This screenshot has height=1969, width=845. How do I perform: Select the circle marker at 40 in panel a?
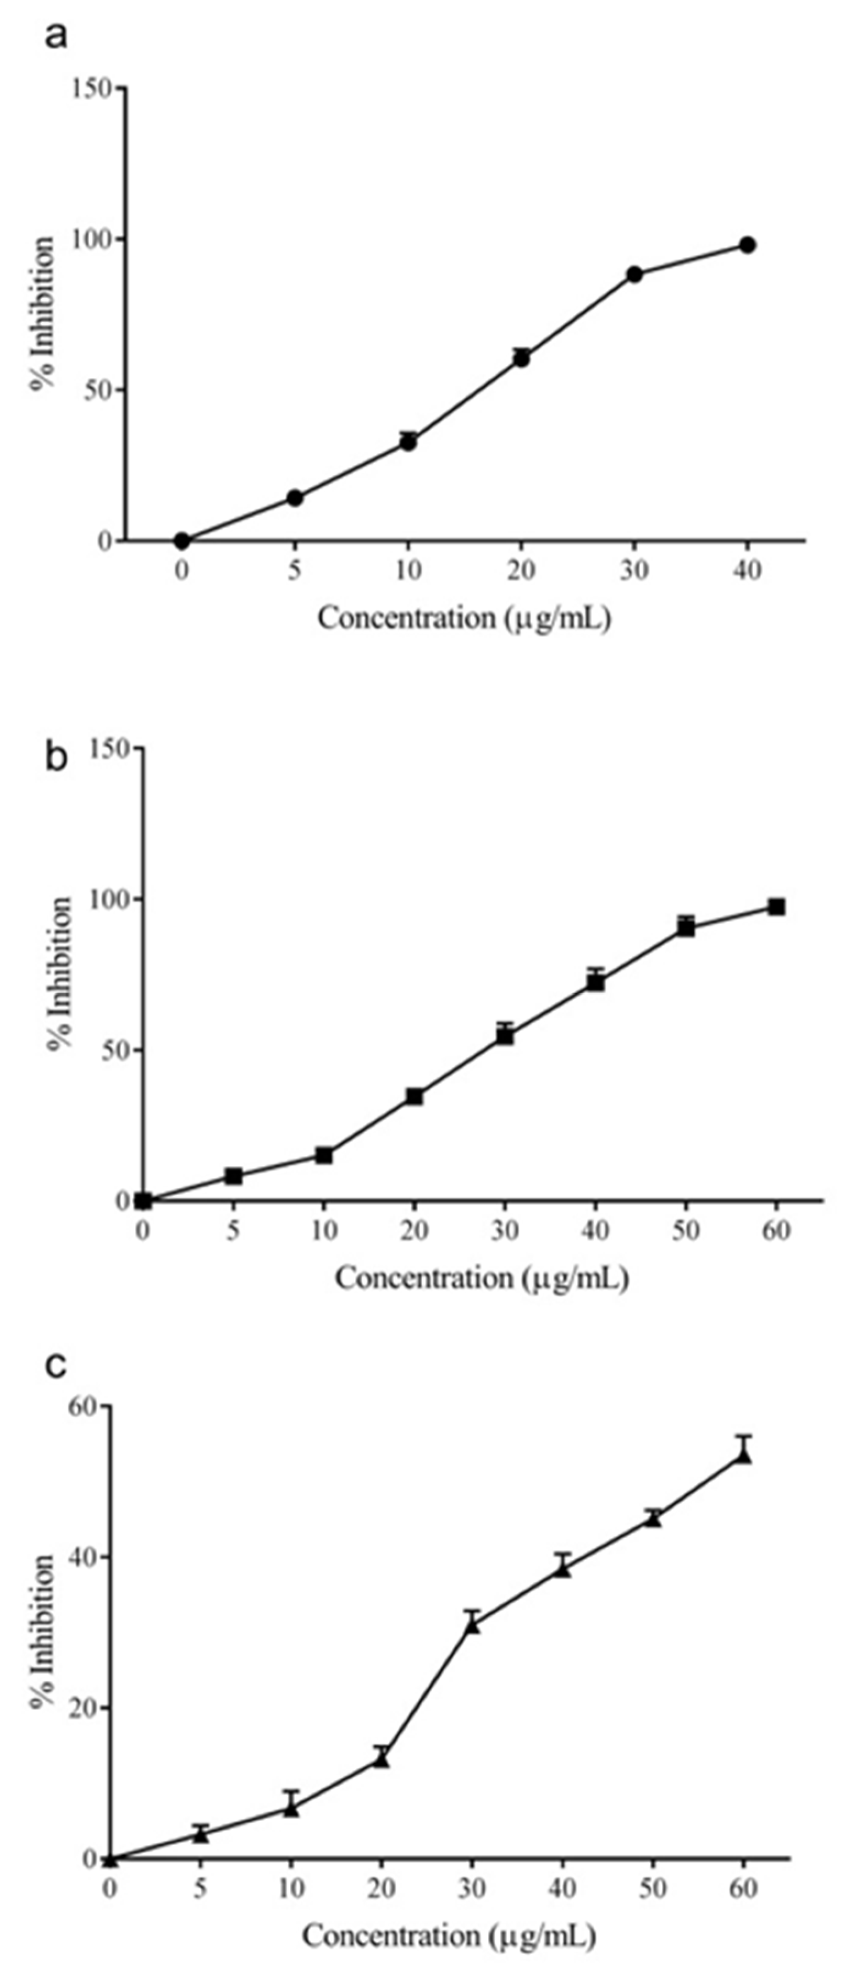747,245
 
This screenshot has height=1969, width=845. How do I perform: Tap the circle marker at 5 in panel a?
295,497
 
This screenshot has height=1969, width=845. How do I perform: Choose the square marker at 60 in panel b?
777,907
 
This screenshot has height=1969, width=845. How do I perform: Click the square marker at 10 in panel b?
324,1155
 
